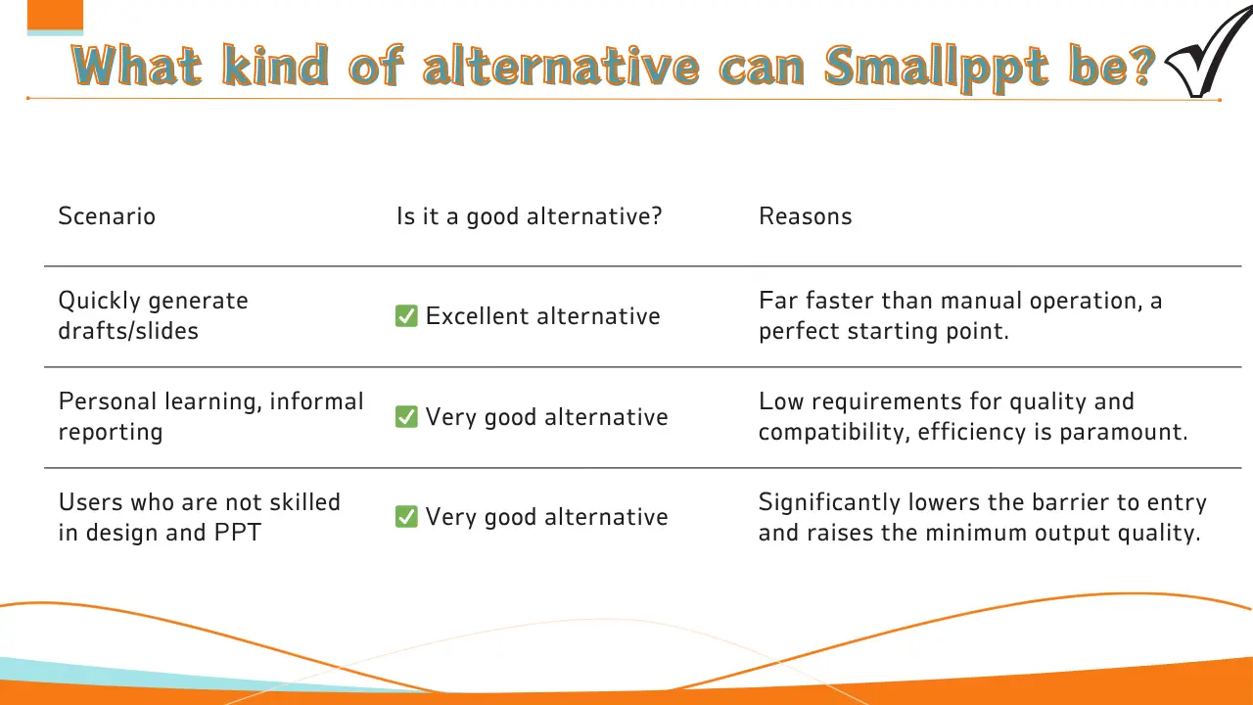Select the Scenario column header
(107, 216)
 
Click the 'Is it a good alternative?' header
(529, 216)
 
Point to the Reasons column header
(805, 216)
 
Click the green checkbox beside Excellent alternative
(406, 316)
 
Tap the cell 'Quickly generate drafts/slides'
(153, 315)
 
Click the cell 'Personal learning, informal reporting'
(210, 416)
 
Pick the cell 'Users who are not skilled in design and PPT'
(199, 517)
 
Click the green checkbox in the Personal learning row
(406, 417)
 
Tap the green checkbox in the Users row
(406, 517)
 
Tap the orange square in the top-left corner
(55, 15)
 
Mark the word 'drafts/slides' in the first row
(128, 331)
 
